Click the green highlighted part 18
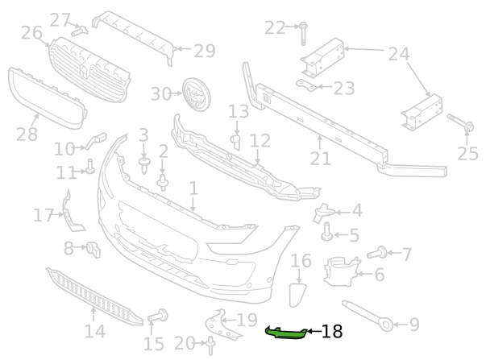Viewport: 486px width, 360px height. pyautogui.click(x=286, y=333)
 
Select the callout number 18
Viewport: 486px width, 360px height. pyautogui.click(x=332, y=332)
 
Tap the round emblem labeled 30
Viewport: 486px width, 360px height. pyautogui.click(x=196, y=94)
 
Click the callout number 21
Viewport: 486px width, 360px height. pyautogui.click(x=321, y=159)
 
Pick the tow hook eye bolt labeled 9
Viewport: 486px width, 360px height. pyautogui.click(x=368, y=316)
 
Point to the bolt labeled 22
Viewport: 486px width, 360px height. pyautogui.click(x=303, y=33)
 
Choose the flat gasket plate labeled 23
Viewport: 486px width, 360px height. pyautogui.click(x=306, y=85)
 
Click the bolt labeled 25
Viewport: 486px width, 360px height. pyautogui.click(x=460, y=122)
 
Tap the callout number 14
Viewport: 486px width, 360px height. pyautogui.click(x=95, y=331)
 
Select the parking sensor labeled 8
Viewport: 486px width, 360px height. pyautogui.click(x=93, y=249)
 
